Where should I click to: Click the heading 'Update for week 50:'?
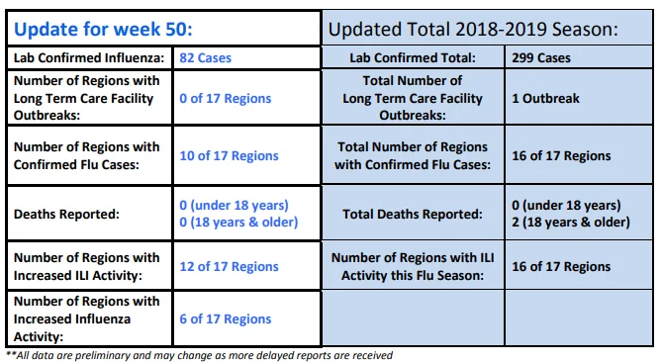coord(103,29)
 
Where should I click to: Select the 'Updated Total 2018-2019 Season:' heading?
coord(473,29)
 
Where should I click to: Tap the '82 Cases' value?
coord(205,57)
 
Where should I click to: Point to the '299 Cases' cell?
coord(541,57)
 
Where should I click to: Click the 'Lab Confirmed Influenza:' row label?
coord(89,57)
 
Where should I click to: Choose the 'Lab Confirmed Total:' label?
coord(413,57)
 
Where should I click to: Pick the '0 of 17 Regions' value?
coord(225,98)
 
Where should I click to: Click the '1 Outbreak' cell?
coord(545,98)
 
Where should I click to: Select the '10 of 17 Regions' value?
coord(229,155)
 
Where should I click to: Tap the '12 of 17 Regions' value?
coord(229,266)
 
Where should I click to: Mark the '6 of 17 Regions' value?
coord(225,319)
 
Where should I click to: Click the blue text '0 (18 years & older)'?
coord(238,223)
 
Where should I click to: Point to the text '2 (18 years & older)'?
coord(571,223)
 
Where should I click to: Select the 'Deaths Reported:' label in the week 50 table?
coord(66,215)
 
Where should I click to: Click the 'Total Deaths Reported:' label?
coord(413,215)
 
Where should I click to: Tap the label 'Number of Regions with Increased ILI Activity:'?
coord(87,266)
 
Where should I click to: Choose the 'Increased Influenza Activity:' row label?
coord(87,319)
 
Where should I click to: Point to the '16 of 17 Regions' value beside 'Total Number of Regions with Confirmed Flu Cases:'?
coord(561,155)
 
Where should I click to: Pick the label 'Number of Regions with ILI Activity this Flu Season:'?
coord(413,266)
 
